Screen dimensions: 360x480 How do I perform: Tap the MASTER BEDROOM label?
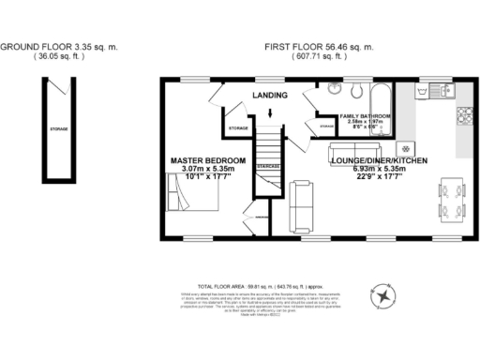(x=208, y=161)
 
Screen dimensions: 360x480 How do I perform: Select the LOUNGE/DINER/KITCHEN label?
(x=380, y=161)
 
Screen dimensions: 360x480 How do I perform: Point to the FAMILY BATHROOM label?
(x=365, y=115)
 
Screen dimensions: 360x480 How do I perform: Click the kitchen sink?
(x=440, y=91)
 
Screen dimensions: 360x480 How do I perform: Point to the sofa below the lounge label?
(x=353, y=150)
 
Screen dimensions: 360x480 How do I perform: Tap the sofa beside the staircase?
(x=301, y=206)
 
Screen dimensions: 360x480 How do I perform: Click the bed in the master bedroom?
(x=194, y=199)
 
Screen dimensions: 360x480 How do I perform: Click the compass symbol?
(x=383, y=294)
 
